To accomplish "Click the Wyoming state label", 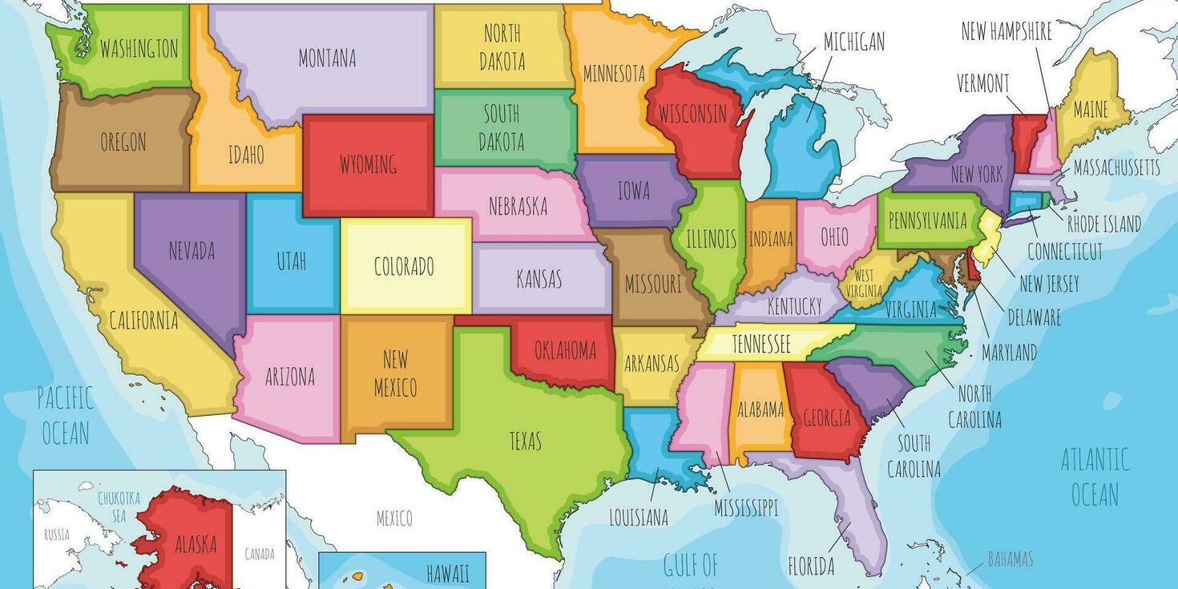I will click(368, 165).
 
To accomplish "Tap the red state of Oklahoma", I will click(566, 351).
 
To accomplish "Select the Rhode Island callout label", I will click(1103, 224).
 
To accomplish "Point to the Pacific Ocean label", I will click(66, 415).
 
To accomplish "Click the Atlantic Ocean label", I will click(1095, 478).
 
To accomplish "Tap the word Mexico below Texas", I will click(394, 518).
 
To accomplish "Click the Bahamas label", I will click(1010, 559).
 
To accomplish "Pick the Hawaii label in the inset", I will click(448, 574).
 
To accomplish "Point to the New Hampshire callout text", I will click(1007, 32).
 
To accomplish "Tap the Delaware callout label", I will click(1034, 318).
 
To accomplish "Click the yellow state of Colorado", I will click(405, 266).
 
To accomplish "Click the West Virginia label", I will click(863, 284).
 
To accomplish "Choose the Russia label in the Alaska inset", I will click(56, 535).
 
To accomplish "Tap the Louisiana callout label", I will click(639, 518).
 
